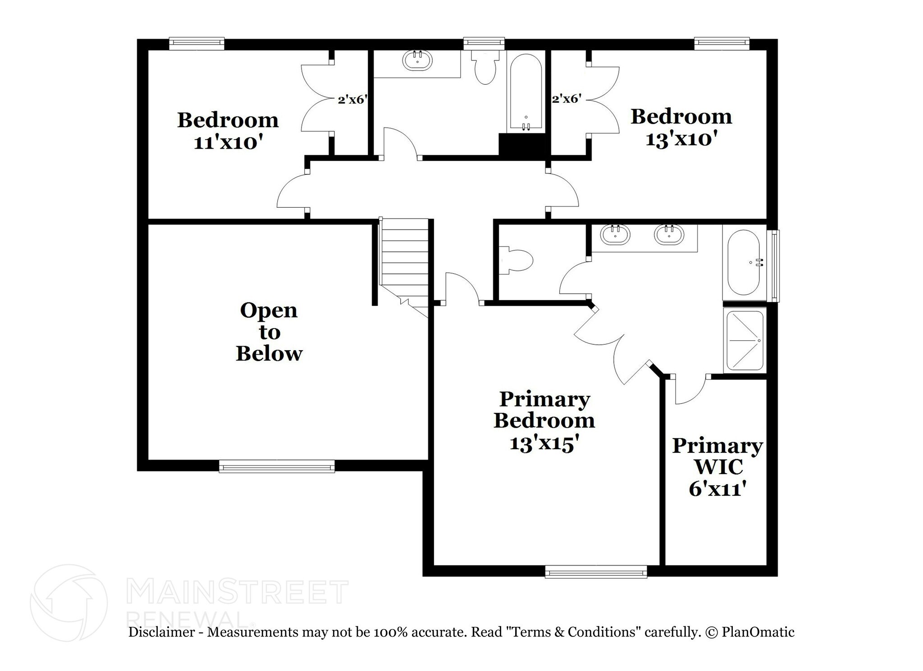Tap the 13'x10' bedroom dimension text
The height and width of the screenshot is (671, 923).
tap(681, 139)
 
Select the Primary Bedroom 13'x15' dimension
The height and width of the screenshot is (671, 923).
tap(544, 444)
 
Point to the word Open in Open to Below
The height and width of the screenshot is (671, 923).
tap(269, 311)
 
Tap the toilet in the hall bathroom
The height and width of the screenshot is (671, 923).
tap(485, 68)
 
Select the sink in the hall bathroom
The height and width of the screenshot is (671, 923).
tap(417, 60)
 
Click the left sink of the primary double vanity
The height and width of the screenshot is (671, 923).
tap(615, 234)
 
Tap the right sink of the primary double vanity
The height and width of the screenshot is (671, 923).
tap(669, 234)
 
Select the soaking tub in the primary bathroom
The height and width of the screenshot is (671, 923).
tap(744, 262)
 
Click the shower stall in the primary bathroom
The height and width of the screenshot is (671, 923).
tap(744, 340)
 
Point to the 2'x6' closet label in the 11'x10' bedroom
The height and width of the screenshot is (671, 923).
tap(351, 100)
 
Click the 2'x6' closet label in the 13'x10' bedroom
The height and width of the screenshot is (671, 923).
tap(566, 99)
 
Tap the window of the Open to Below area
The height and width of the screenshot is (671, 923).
tap(277, 466)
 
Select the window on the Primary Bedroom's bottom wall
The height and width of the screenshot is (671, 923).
tap(596, 571)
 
